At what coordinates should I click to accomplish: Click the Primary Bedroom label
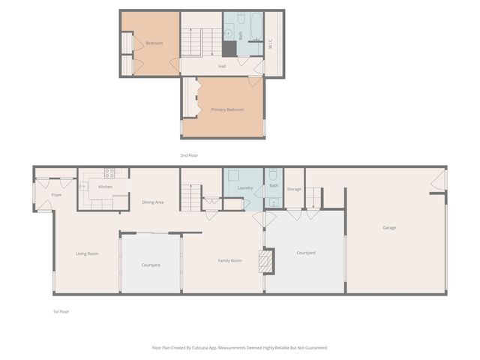point(228,110)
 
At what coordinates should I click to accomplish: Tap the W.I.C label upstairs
point(271,44)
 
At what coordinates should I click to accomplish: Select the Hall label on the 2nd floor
point(222,67)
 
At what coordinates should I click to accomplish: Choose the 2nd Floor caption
point(188,155)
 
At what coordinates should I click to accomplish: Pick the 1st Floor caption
point(61,311)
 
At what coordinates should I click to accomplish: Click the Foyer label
point(56,195)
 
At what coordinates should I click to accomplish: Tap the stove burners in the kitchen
point(109,173)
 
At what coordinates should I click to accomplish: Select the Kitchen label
point(106,186)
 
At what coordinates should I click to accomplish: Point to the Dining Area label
point(153,202)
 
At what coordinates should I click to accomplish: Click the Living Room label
point(87,253)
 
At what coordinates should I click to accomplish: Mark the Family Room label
point(230,260)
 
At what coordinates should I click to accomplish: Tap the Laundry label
point(245,188)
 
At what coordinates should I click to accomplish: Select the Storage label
point(294,189)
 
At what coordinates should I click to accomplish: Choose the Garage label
point(389,228)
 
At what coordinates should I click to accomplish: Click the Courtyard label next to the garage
point(306,253)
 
